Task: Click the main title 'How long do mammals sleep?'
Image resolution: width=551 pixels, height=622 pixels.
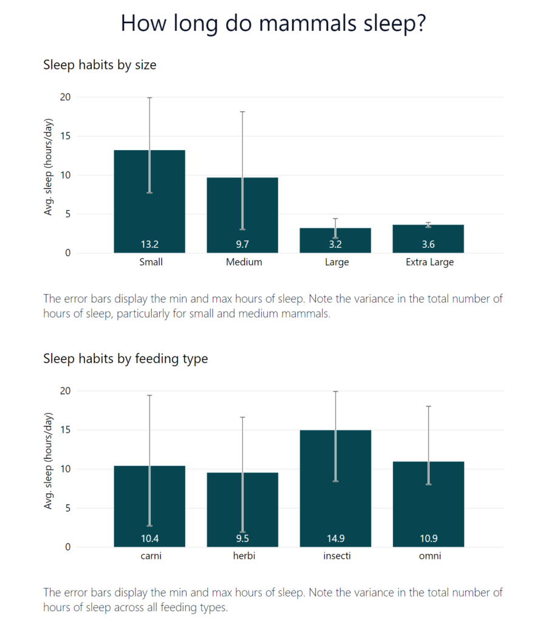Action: point(273,23)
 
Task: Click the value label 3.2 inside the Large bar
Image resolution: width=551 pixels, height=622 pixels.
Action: point(335,245)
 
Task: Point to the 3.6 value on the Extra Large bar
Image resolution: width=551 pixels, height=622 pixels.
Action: point(428,245)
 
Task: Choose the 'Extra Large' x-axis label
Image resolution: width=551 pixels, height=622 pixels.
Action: point(430,262)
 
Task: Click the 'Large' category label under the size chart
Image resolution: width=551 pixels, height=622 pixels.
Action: point(337,262)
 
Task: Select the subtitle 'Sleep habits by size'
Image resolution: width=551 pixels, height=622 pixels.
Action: point(100,64)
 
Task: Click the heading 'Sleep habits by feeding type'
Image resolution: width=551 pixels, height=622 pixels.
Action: point(125,358)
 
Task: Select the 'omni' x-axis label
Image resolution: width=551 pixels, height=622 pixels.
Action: point(429,556)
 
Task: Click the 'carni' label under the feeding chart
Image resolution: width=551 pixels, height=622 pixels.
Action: point(149,556)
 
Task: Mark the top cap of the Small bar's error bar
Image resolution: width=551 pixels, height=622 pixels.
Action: point(149,97)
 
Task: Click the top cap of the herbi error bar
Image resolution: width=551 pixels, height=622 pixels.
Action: point(242,417)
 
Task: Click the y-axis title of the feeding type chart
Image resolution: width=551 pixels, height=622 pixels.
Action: point(49,460)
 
